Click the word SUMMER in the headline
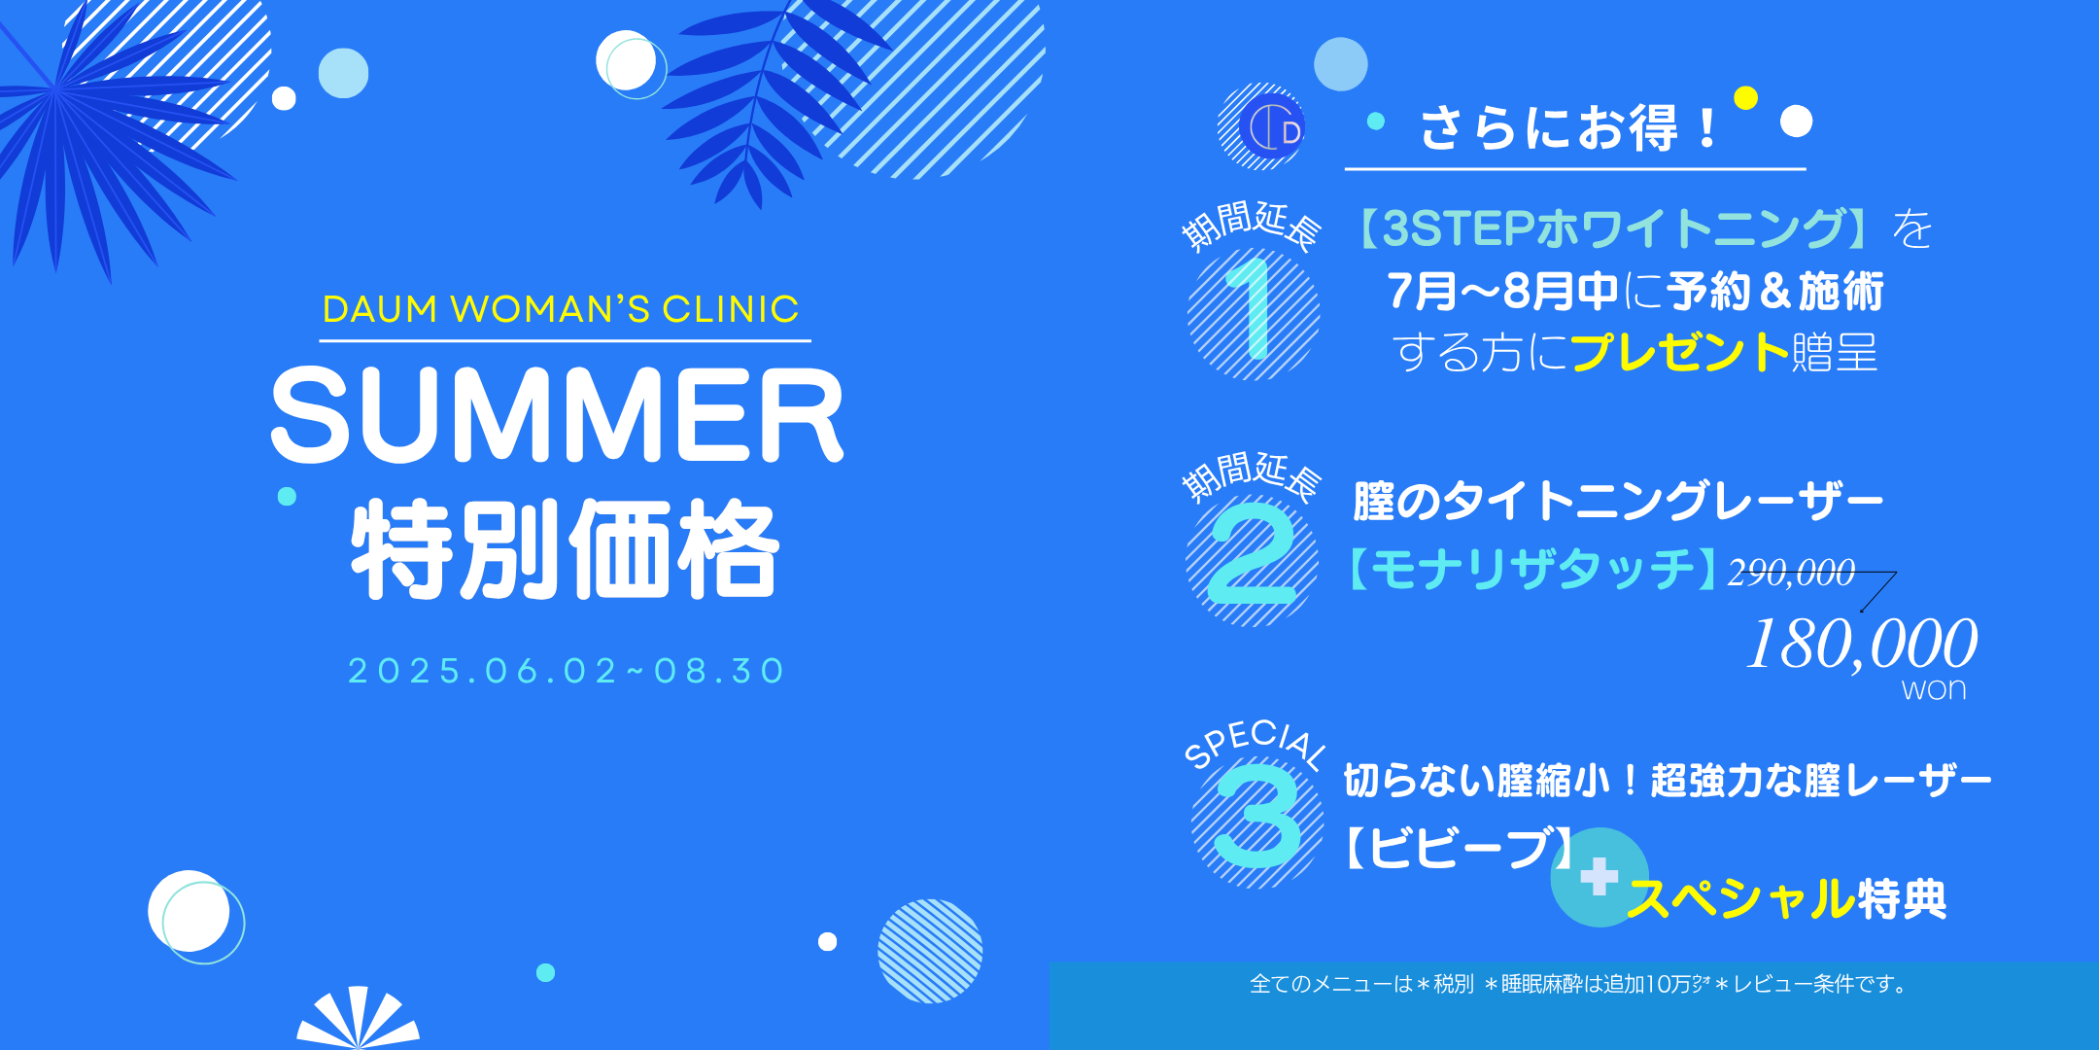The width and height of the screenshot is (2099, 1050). [x=557, y=415]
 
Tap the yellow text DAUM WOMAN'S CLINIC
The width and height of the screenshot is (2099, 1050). [x=561, y=309]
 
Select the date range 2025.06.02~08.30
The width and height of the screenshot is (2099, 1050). [x=567, y=671]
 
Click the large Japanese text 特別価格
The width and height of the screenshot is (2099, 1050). [x=565, y=549]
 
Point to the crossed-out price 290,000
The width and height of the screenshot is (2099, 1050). [x=1791, y=573]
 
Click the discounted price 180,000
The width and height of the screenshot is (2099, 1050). [x=1861, y=645]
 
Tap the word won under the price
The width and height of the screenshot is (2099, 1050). [x=1934, y=689]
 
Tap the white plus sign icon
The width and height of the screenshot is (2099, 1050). [x=1599, y=876]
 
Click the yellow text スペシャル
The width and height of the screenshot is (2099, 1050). [x=1741, y=898]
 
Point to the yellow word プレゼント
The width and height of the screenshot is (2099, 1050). [x=1679, y=352]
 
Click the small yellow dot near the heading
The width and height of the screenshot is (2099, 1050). [x=1745, y=97]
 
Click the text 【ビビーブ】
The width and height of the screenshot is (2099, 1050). [x=1457, y=848]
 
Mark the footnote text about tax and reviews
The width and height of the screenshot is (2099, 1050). [x=1578, y=984]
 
